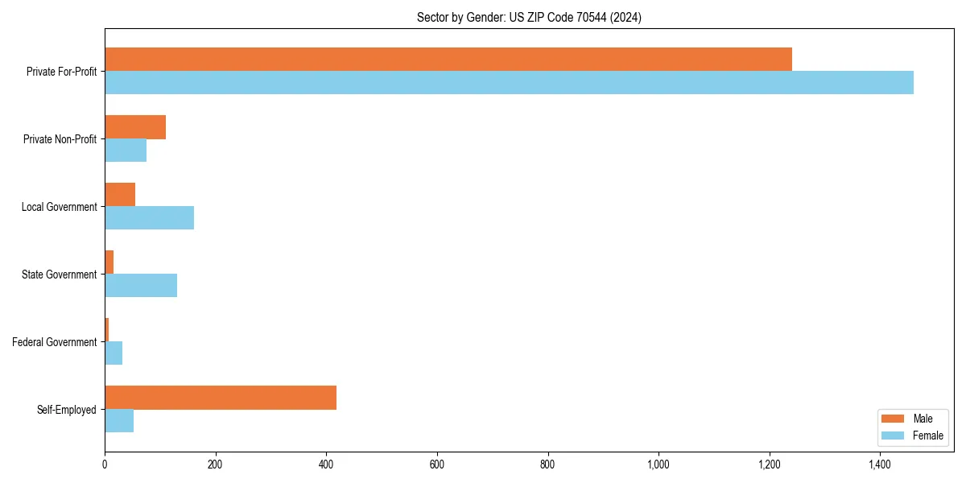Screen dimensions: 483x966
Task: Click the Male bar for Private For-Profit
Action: (x=448, y=60)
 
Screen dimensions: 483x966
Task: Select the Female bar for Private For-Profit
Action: (x=509, y=83)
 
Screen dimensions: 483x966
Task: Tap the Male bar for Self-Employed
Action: (x=221, y=398)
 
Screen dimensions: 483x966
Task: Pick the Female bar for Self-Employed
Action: (x=119, y=421)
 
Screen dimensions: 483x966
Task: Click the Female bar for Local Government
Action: (x=149, y=218)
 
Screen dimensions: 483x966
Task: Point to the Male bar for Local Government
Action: (x=120, y=195)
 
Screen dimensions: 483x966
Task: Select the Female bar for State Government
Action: (x=141, y=286)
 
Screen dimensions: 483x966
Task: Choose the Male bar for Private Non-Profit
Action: (x=135, y=127)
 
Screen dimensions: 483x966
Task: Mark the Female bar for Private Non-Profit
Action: (x=126, y=151)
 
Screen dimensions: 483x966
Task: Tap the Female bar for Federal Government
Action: (x=114, y=353)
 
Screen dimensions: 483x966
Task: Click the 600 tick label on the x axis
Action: (x=437, y=464)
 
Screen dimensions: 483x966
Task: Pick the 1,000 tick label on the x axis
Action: (x=658, y=464)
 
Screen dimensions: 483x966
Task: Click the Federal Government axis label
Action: (x=55, y=342)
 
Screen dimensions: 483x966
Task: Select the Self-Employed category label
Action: (x=67, y=410)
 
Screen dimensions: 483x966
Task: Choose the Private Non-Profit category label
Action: (x=60, y=139)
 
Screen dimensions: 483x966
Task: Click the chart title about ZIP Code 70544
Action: (x=529, y=17)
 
